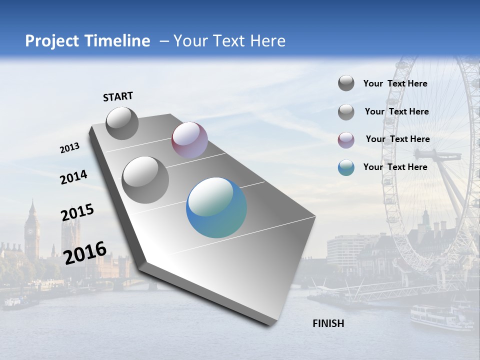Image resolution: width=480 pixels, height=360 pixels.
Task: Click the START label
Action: (x=118, y=96)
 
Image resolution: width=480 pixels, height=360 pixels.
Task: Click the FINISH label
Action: (x=328, y=323)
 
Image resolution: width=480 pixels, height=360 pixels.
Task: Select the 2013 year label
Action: (x=70, y=148)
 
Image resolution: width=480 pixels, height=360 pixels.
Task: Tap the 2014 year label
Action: (x=73, y=177)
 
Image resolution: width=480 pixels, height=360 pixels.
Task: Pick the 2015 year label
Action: (x=77, y=212)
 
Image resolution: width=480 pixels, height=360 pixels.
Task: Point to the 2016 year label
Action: (x=85, y=252)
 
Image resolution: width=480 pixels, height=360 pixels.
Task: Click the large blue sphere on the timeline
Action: (x=216, y=207)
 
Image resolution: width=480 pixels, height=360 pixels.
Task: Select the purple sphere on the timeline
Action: (x=189, y=140)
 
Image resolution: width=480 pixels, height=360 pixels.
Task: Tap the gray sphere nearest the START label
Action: (x=122, y=123)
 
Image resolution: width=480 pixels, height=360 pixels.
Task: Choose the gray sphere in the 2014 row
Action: (x=145, y=179)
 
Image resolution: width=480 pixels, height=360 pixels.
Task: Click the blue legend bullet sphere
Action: (x=346, y=167)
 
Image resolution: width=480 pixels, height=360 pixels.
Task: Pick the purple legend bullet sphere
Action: (x=346, y=140)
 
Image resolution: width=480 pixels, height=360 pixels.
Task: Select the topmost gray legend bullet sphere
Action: (x=346, y=83)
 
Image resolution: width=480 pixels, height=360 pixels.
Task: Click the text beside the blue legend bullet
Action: (x=395, y=167)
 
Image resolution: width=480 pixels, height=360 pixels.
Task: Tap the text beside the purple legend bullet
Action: (x=397, y=139)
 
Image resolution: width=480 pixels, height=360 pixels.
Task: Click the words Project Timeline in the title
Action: (x=87, y=41)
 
